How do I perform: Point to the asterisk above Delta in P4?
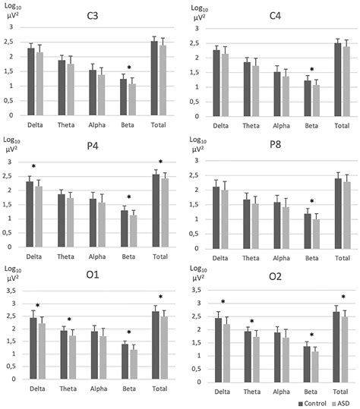click(33, 167)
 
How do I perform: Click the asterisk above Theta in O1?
click(70, 319)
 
